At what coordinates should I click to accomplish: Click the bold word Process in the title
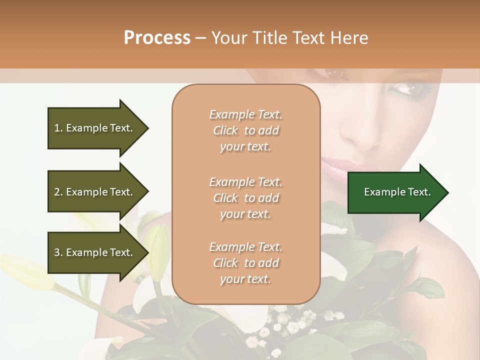click(x=157, y=37)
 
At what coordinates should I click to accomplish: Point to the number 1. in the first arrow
click(x=58, y=128)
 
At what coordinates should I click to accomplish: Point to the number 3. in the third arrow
click(x=58, y=252)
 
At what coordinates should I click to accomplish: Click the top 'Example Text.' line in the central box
click(x=245, y=114)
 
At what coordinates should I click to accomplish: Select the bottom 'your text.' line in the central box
click(x=245, y=279)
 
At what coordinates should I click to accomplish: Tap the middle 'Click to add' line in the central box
click(x=245, y=198)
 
